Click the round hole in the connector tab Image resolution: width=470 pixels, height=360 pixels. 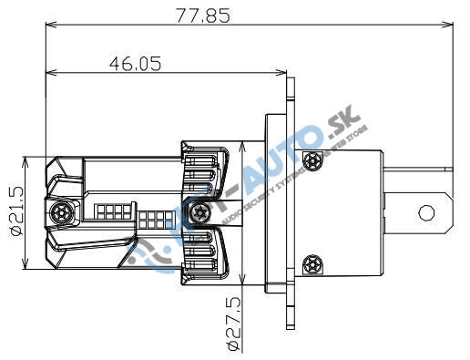[426, 212]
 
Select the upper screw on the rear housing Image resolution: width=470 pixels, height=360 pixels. [314, 161]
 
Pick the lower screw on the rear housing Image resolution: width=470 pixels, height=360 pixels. [314, 263]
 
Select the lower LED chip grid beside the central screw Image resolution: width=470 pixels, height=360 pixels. [153, 220]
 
